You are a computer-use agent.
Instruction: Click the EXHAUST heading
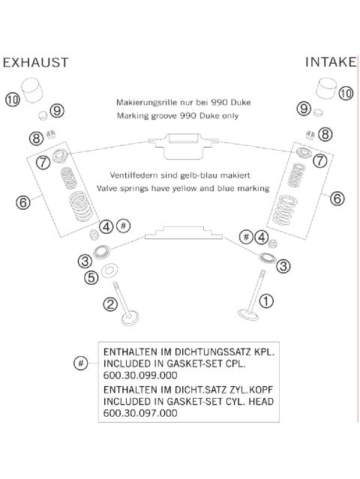(36, 62)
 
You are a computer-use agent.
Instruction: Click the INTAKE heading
(331, 62)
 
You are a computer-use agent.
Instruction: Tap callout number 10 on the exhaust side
(13, 100)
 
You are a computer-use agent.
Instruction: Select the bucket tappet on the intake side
(326, 88)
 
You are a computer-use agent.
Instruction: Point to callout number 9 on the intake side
(304, 109)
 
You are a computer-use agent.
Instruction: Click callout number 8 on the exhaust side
(36, 139)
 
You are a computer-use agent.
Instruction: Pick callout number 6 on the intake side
(337, 199)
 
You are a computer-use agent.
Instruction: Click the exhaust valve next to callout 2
(127, 306)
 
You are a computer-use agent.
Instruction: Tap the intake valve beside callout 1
(250, 296)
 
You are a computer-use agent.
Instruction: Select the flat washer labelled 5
(107, 271)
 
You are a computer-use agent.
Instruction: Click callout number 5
(91, 277)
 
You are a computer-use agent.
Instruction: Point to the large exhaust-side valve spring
(80, 206)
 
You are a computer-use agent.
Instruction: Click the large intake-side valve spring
(285, 210)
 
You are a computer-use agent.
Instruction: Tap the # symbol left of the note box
(81, 364)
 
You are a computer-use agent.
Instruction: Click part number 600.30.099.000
(140, 375)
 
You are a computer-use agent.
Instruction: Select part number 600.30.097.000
(140, 413)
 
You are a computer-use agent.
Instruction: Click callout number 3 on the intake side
(283, 266)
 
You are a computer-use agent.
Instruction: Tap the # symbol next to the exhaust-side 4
(124, 226)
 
